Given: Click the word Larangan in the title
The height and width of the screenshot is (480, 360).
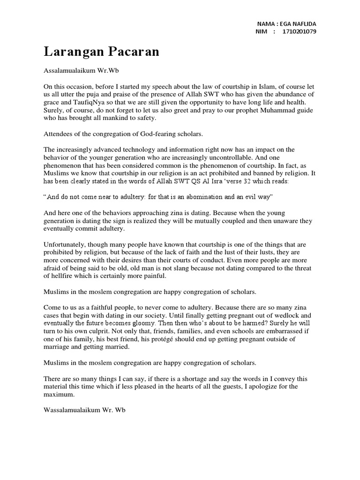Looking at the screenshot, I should tap(70, 52).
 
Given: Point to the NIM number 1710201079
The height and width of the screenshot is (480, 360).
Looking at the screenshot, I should tap(300, 32).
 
